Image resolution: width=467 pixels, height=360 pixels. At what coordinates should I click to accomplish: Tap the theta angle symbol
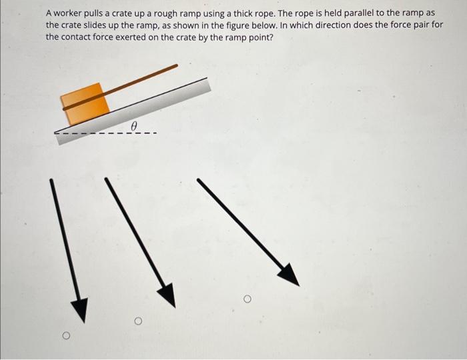[134, 125]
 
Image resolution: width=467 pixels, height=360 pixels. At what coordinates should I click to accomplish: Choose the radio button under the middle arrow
[139, 321]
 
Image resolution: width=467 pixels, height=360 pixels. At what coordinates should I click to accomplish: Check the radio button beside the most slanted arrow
[247, 300]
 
